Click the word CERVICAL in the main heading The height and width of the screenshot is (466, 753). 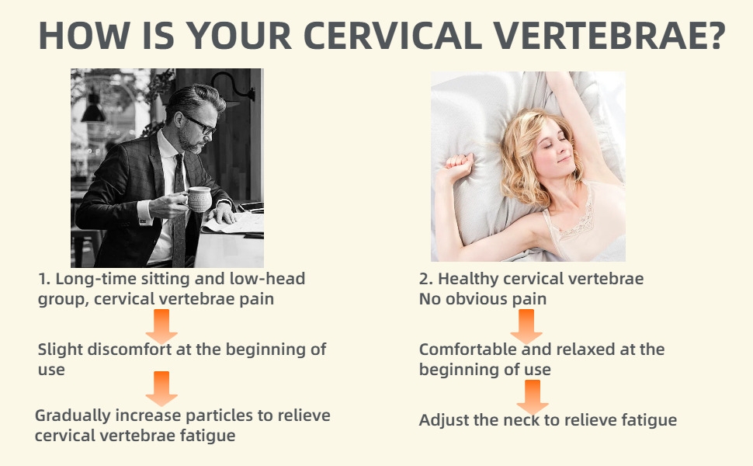click(x=392, y=36)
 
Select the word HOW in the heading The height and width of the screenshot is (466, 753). click(x=85, y=36)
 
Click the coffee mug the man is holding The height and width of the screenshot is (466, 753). click(x=199, y=198)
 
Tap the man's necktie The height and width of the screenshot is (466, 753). click(x=179, y=207)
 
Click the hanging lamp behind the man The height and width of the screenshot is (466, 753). click(x=93, y=112)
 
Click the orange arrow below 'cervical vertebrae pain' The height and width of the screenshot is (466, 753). click(x=161, y=326)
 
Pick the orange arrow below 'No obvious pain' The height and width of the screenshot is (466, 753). click(x=526, y=326)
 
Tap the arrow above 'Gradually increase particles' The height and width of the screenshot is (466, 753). click(x=161, y=388)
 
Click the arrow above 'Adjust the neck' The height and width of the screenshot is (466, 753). click(x=533, y=397)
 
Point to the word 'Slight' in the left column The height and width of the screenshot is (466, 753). click(x=58, y=349)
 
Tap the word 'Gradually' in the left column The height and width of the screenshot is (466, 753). click(x=73, y=416)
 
